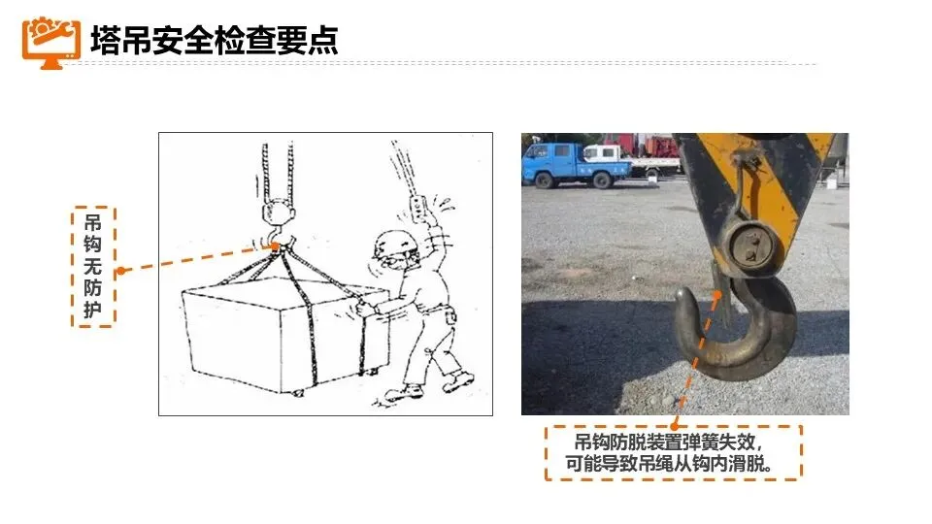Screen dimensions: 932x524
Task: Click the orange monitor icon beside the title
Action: (51, 43)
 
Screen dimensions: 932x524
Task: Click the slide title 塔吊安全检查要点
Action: (214, 41)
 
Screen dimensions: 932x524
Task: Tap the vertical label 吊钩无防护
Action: (93, 266)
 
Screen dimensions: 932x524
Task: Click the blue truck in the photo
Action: (574, 165)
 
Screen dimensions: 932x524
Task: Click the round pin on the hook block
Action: (750, 248)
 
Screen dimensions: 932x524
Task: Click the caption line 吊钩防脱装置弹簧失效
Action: (668, 442)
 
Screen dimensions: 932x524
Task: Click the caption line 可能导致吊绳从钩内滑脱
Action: (669, 464)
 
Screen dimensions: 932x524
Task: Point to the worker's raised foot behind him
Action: (457, 380)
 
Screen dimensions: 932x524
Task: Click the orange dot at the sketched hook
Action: (275, 246)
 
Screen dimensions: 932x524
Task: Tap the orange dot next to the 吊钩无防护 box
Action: (121, 271)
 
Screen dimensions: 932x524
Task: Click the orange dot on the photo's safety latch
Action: (717, 294)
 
